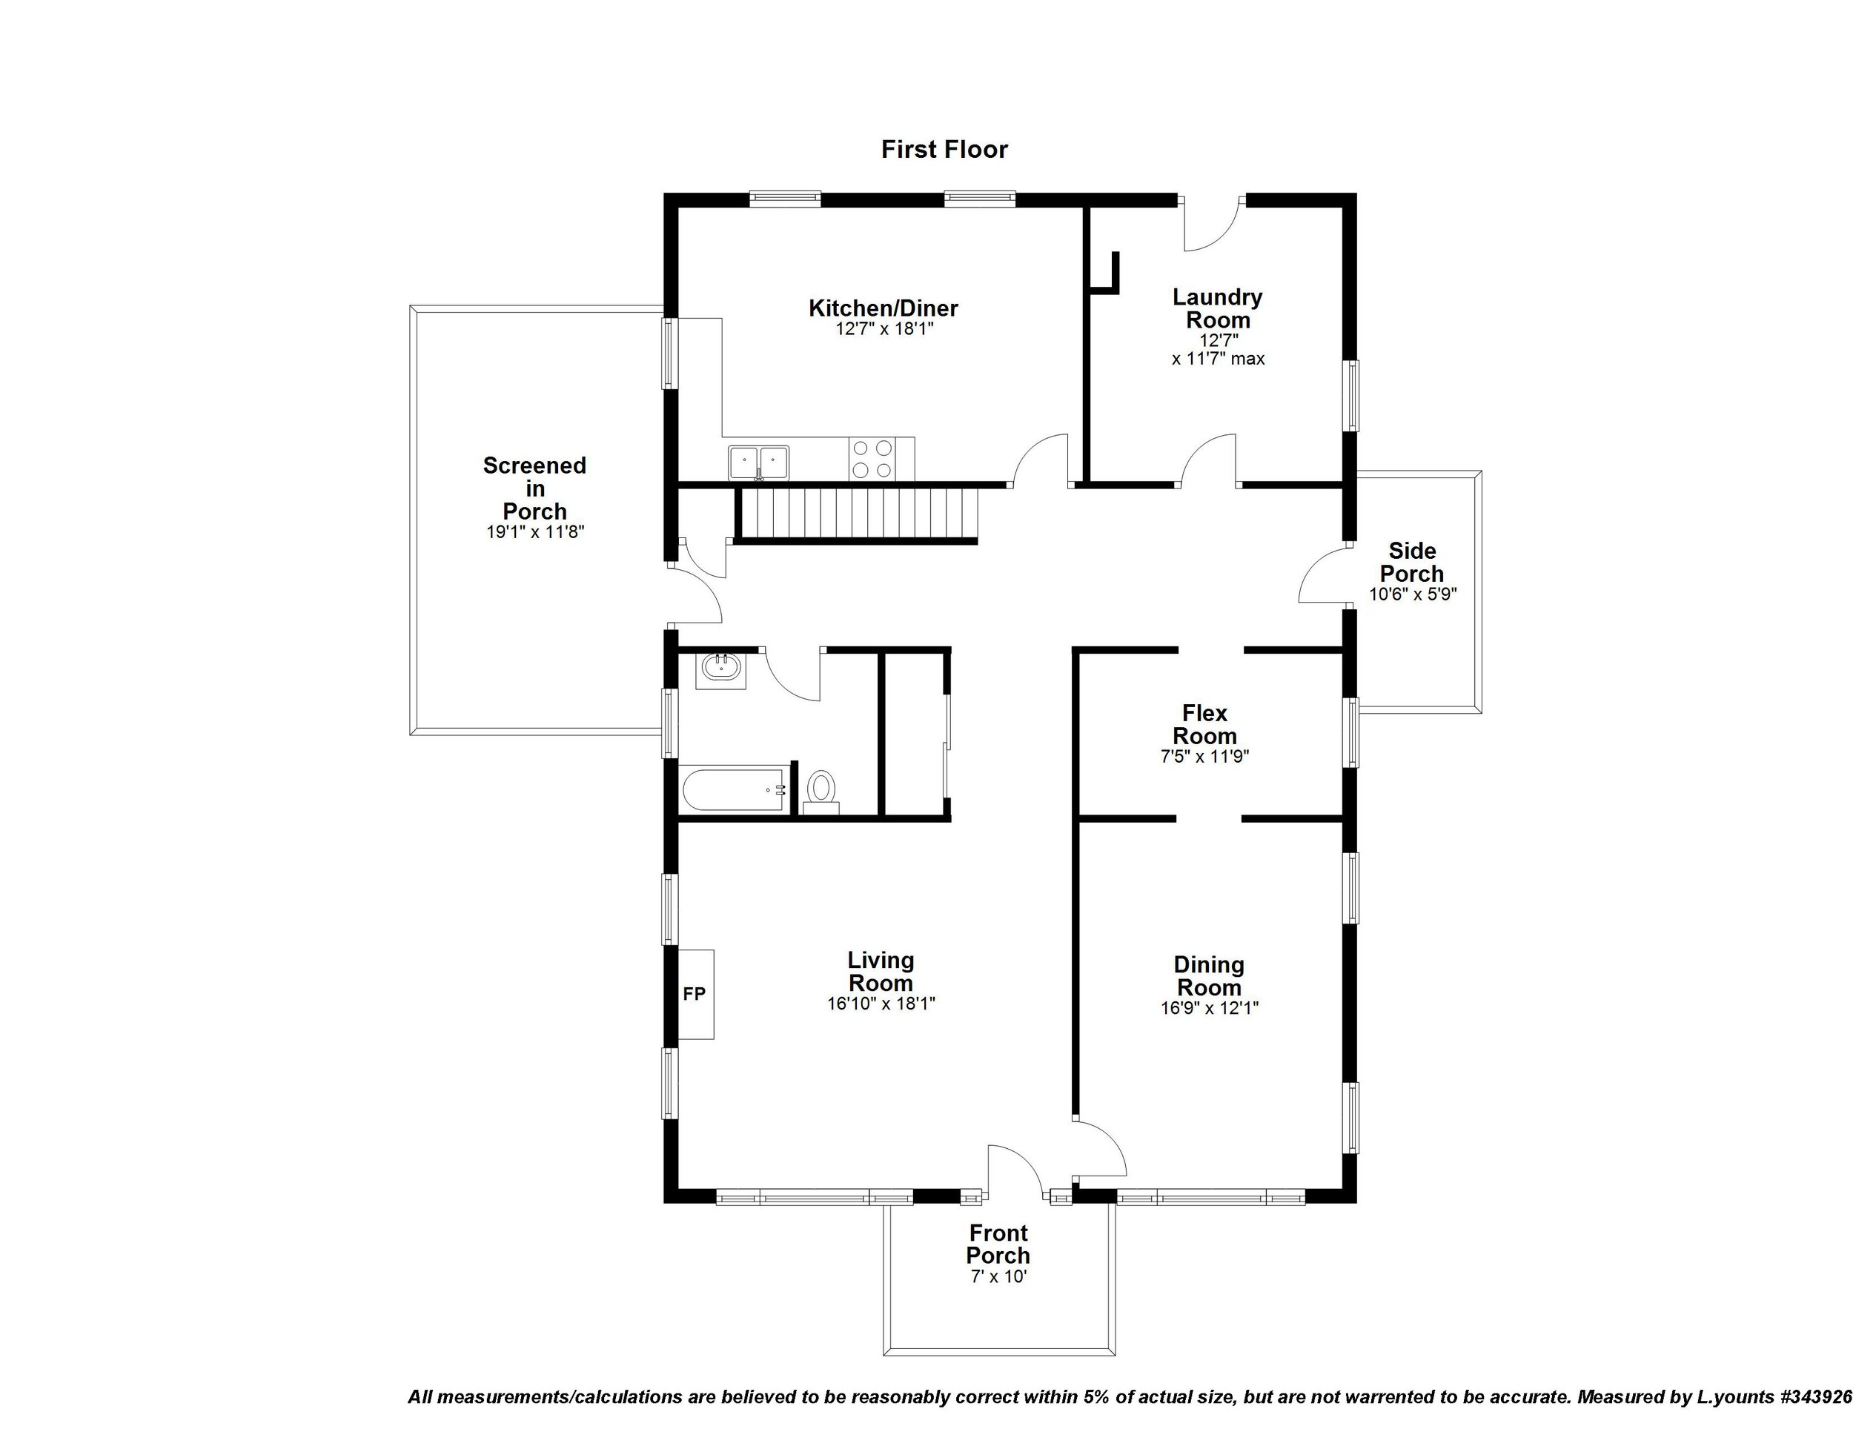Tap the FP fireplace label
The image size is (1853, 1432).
pos(694,993)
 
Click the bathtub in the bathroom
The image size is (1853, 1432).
pos(735,790)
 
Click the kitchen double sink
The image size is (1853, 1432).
pos(758,463)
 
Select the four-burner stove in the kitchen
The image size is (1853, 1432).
pos(872,459)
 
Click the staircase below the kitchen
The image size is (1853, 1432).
pos(857,514)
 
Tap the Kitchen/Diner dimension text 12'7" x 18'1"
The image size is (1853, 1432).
pos(884,329)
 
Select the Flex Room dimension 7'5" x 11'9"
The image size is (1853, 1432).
pos(1204,757)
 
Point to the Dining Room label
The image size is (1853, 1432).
pos(1209,975)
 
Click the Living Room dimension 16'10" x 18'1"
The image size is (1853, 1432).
pos(881,1004)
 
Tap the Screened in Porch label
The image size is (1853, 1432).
pos(534,488)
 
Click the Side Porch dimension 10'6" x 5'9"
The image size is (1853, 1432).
pos(1413,594)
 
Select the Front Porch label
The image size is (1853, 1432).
pos(998,1244)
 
